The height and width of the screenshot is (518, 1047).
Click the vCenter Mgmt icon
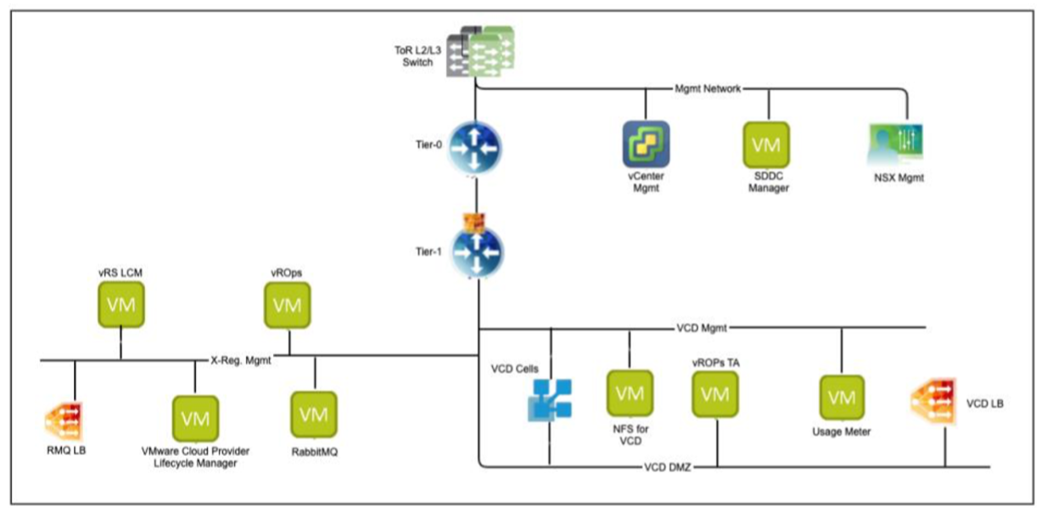(x=646, y=143)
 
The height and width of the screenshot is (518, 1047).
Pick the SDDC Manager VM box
(x=767, y=144)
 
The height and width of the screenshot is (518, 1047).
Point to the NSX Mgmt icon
(x=894, y=144)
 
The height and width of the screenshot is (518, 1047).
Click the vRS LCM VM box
(x=120, y=304)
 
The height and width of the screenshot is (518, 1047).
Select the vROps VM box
(x=288, y=304)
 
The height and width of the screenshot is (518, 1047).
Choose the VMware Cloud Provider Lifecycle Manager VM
(x=195, y=419)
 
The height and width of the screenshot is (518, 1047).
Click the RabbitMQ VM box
(x=314, y=414)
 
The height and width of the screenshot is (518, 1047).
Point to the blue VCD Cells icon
(x=550, y=400)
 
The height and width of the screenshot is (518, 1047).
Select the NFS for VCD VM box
(x=630, y=393)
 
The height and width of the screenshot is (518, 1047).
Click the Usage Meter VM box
(x=841, y=397)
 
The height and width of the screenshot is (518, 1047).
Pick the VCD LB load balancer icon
(x=935, y=404)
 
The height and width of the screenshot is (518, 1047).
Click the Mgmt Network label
(x=708, y=88)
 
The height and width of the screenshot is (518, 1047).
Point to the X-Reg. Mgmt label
(x=240, y=361)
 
